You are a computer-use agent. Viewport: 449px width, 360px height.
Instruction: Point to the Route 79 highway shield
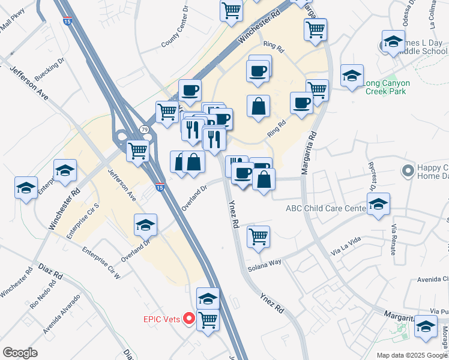tap(143, 129)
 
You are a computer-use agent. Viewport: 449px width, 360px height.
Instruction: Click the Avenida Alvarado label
tap(61, 314)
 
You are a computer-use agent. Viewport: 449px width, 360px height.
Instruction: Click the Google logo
tap(20, 353)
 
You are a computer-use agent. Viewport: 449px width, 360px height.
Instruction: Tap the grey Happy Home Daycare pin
tap(408, 172)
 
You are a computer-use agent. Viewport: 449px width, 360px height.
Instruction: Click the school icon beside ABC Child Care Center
tap(378, 204)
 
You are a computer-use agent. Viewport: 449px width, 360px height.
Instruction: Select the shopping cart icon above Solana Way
tap(258, 236)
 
